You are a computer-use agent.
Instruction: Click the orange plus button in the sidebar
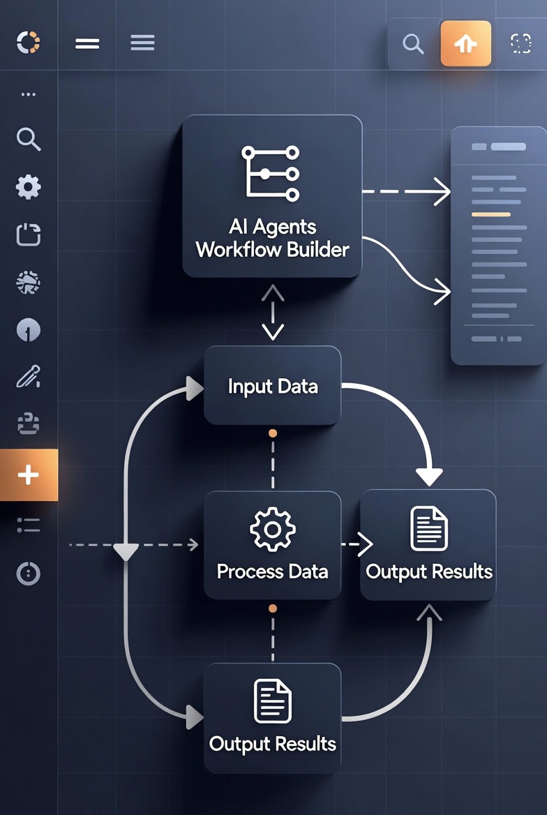pos(29,474)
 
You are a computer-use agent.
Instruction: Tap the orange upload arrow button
pos(465,44)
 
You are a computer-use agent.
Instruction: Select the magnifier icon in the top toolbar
pos(413,44)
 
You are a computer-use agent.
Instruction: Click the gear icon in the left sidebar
pos(29,187)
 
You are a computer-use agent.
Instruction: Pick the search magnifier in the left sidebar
pos(29,140)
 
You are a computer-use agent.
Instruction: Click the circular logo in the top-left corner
pos(28,42)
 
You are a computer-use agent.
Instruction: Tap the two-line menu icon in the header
pos(87,44)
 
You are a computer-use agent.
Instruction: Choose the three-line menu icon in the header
pos(142,43)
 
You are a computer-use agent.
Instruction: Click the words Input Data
pos(273,386)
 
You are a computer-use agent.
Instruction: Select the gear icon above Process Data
pos(273,529)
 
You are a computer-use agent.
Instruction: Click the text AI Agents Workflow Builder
pos(273,238)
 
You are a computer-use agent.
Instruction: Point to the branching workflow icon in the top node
pos(271,174)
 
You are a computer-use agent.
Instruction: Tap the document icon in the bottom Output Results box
pos(273,701)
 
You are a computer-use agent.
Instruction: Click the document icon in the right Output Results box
pos(429,529)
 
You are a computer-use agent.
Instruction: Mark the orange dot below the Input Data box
pos(273,433)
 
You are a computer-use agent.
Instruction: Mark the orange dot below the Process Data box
pos(273,608)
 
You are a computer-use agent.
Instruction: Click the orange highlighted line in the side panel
pos(491,214)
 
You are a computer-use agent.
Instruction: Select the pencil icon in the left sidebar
pos(29,377)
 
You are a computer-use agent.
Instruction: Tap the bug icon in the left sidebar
pos(29,283)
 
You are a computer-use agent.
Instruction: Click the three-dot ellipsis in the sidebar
pos(29,95)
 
